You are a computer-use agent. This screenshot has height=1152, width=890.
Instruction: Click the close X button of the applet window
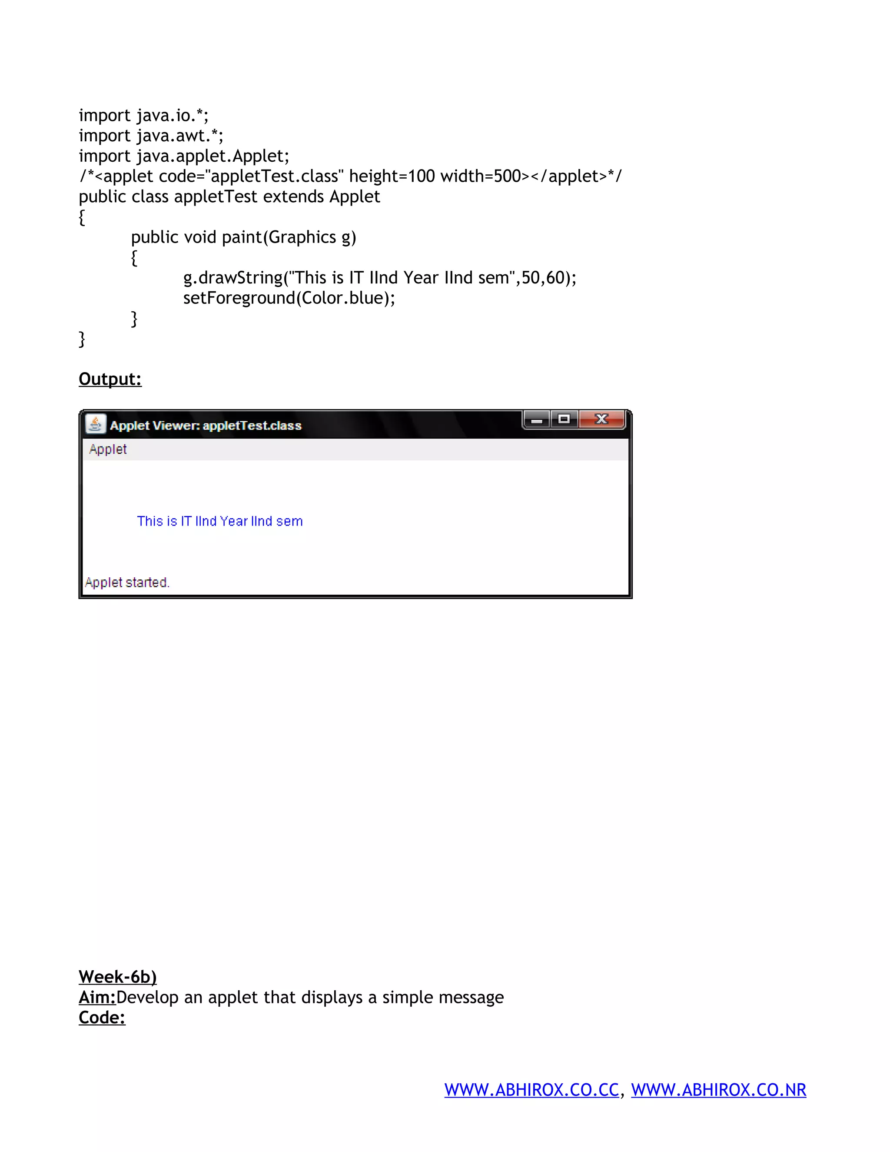coord(601,420)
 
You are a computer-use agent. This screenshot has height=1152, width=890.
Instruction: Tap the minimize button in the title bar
coord(537,420)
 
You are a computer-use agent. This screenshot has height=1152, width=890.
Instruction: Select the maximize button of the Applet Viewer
coord(564,420)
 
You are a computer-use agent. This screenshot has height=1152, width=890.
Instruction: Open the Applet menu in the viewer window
coord(108,449)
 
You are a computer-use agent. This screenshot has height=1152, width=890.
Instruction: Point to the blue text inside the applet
coord(220,521)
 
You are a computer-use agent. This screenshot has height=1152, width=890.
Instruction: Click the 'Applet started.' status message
coord(127,583)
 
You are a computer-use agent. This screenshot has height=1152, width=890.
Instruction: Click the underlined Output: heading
coord(110,379)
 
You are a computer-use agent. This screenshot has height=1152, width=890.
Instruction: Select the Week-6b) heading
coord(118,977)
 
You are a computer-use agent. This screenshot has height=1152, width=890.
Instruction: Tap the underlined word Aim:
coord(97,997)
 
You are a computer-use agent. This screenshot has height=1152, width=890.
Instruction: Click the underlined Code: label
coord(102,1018)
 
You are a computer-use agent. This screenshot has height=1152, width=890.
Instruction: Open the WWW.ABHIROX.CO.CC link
coord(531,1090)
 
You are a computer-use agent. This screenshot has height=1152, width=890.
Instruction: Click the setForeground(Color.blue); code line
coord(289,298)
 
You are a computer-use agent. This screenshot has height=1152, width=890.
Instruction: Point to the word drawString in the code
coord(241,278)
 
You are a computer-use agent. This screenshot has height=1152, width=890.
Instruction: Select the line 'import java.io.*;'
coord(143,116)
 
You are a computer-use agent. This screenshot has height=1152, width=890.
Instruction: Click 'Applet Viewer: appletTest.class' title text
coord(206,426)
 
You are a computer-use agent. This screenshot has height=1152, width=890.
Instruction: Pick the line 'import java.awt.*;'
coord(151,136)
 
